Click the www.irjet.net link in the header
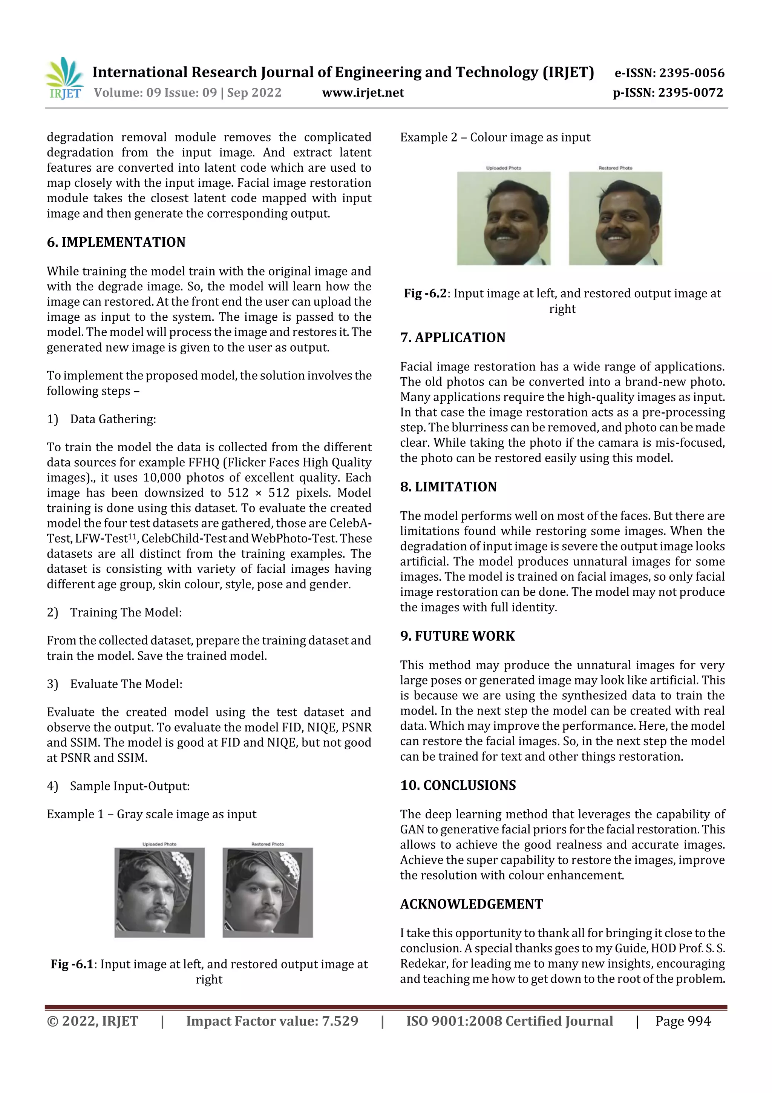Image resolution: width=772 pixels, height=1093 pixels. pos(363,93)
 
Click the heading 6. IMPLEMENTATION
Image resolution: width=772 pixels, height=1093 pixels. pos(116,242)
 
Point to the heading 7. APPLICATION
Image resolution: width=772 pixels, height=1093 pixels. pos(452,338)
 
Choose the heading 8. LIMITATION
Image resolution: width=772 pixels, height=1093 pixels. pos(448,487)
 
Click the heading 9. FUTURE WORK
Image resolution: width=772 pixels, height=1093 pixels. pos(457,636)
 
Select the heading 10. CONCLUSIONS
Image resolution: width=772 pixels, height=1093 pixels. pos(458,785)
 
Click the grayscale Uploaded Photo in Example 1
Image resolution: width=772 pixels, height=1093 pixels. pos(159,892)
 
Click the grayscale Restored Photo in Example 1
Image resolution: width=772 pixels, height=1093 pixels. pos(267,892)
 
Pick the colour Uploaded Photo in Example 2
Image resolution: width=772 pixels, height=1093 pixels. pos(503,218)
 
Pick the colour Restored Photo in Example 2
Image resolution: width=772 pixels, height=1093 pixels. pos(615,218)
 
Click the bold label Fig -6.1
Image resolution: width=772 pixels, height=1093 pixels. pos(72,964)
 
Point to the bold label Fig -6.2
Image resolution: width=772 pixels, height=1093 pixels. pos(425,293)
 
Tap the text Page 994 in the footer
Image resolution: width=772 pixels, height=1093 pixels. pos(683,1021)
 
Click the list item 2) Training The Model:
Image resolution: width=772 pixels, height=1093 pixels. pos(114,612)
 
